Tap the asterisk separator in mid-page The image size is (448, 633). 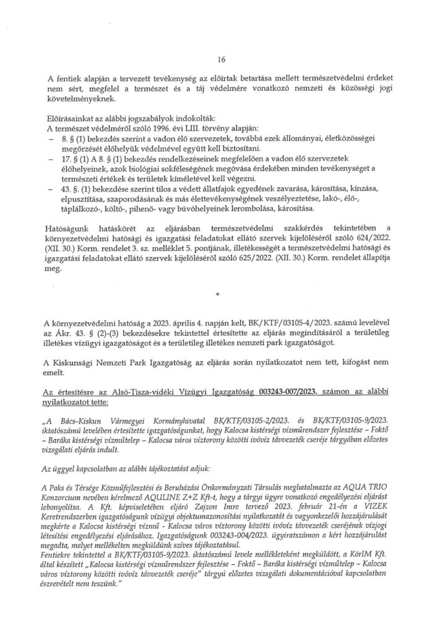coord(218,297)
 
